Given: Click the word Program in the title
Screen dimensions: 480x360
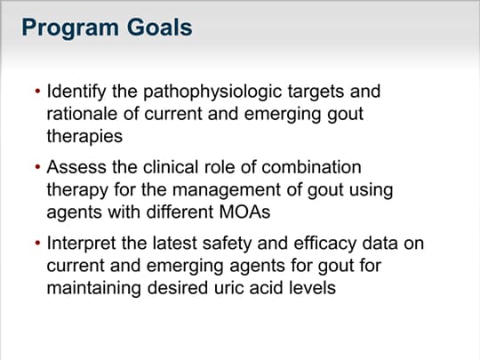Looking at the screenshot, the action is coord(70,28).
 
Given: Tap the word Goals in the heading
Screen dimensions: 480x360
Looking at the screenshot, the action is coord(159,28).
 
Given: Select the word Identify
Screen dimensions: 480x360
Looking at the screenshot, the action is coord(76,92).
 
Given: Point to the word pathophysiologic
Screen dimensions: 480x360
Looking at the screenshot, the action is coord(212,92).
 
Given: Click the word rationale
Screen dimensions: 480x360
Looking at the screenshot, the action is coord(82,114).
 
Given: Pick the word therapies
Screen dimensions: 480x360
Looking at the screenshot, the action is coord(84,136).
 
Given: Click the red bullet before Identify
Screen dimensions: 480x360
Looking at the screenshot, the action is coord(37,91).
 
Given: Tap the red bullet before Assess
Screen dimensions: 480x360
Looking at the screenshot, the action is coord(37,167).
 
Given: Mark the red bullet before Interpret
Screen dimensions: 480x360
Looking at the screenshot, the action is coord(37,243).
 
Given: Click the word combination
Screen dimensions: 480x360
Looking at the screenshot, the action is coord(311,167).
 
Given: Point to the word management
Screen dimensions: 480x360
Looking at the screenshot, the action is coord(226,189).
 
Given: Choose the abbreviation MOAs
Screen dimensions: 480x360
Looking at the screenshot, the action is coord(244,212).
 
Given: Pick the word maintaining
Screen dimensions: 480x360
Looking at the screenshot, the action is coord(93,289).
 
